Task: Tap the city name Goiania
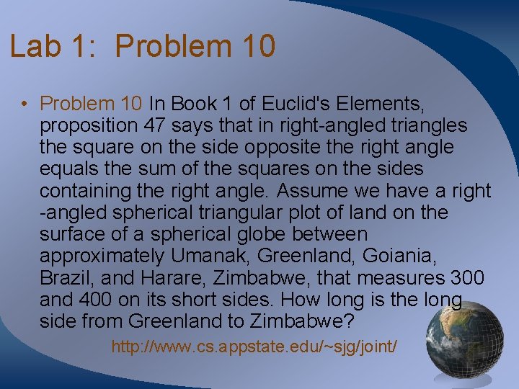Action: (x=398, y=256)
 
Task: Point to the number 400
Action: (x=94, y=299)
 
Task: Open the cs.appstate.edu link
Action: (x=254, y=346)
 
